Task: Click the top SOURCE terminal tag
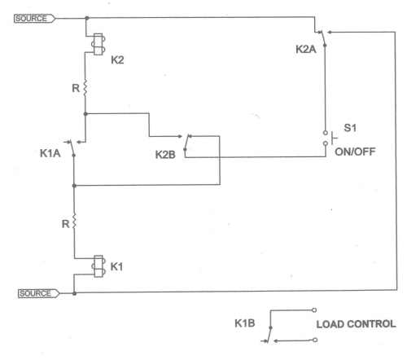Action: tap(34, 19)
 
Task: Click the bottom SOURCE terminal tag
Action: tap(38, 293)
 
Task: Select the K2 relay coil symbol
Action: tap(98, 44)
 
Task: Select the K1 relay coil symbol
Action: tap(98, 266)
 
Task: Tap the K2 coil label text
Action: tap(117, 59)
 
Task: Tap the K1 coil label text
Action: tap(116, 266)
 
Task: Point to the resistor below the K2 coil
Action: tap(85, 88)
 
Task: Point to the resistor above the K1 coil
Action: tap(74, 222)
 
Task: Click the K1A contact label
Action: tap(50, 153)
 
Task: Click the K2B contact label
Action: tap(165, 155)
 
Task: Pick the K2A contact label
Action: tap(306, 49)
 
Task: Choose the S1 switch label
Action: tap(350, 128)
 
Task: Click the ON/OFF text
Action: tap(355, 151)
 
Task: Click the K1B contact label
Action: tap(245, 323)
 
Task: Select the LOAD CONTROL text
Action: tap(356, 324)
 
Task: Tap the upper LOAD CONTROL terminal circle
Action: tap(314, 310)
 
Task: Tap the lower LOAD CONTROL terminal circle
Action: tap(315, 340)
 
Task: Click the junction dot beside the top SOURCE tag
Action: tap(87, 18)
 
